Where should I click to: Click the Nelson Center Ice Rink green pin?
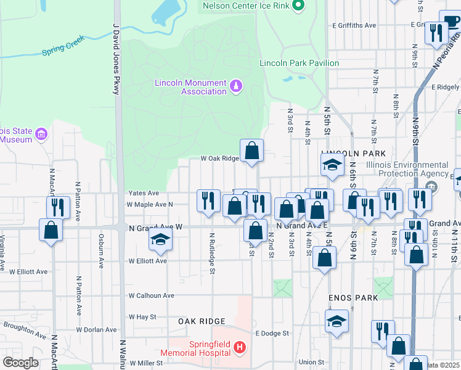299,6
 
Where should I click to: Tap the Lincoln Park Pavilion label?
299,63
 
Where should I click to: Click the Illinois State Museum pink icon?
41,134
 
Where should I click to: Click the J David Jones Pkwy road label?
115,59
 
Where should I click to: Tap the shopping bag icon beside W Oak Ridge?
252,150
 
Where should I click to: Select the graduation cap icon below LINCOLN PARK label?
331,165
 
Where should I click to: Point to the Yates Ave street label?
143,193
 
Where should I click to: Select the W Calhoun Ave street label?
151,295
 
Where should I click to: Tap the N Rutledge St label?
211,253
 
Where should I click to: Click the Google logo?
20,362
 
